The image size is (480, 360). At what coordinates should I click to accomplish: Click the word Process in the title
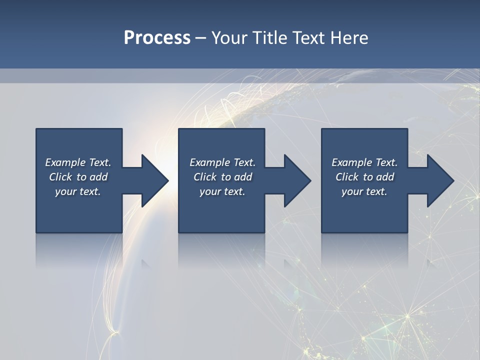157,38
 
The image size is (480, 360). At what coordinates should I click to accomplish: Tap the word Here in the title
349,38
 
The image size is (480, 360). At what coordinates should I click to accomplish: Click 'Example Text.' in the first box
78,162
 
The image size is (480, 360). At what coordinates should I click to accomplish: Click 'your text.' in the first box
78,191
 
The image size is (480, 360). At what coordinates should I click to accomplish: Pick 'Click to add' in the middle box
222,177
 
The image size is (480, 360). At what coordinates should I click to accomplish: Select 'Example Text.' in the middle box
222,162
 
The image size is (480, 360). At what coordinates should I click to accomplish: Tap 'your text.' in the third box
364,191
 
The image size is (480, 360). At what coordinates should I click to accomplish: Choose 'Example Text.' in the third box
364,162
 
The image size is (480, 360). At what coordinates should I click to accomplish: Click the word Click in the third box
347,177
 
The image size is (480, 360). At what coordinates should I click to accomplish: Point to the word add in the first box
99,177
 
